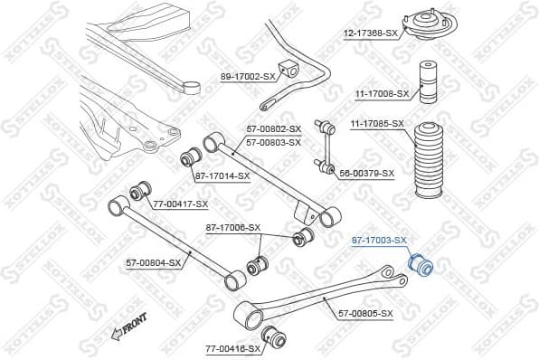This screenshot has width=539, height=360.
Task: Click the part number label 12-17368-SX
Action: (x=371, y=33)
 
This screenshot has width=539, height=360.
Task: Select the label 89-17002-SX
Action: (x=247, y=77)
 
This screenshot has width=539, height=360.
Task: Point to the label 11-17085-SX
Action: (x=376, y=122)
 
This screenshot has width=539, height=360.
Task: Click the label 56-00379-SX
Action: (x=366, y=173)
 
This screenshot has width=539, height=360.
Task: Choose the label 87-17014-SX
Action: (x=222, y=175)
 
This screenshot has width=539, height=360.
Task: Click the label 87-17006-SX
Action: (x=233, y=227)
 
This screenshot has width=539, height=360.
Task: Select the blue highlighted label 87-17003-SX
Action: (x=379, y=240)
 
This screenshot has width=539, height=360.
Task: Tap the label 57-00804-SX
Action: (x=154, y=262)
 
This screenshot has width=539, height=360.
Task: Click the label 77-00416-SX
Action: (x=232, y=347)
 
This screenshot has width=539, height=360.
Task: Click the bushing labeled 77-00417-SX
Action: (x=140, y=191)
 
